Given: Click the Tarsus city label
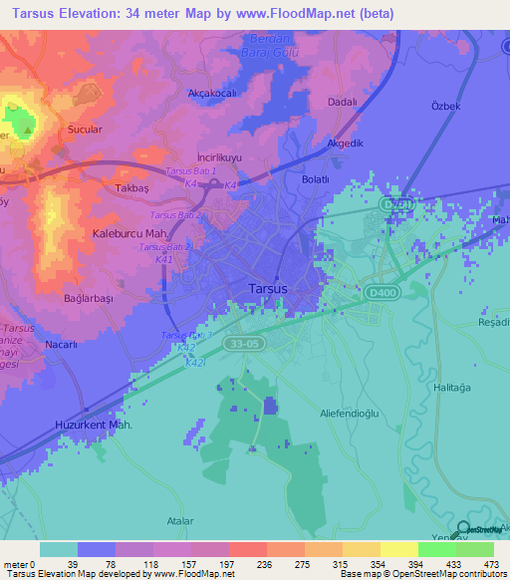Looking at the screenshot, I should point(266,290).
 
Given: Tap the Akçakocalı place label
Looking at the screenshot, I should point(210,93).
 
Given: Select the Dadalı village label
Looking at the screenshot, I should point(343,103).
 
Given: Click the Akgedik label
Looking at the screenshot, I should point(346,143).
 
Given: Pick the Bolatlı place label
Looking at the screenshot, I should point(315,179).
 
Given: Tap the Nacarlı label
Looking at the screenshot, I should point(62,344).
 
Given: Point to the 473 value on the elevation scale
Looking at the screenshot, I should point(493,564).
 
